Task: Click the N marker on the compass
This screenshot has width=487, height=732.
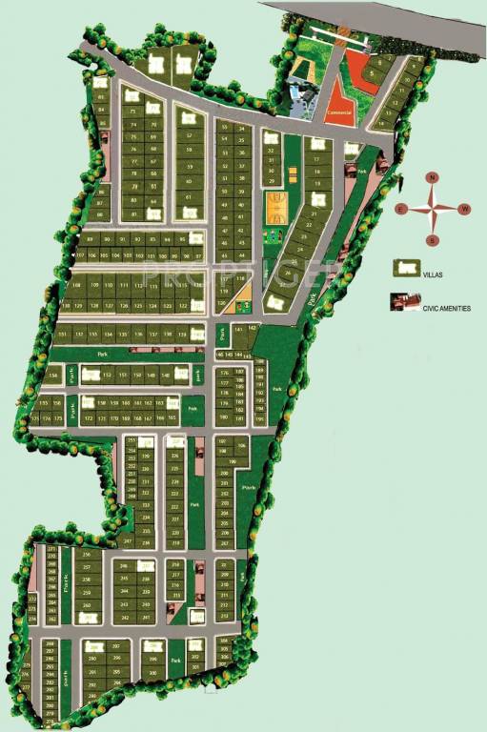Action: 432,178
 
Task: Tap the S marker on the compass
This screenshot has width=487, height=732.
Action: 432,239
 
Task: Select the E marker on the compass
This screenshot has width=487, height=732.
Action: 401,209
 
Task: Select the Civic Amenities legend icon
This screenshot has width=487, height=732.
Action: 404,302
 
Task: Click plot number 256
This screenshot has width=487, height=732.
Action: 87,555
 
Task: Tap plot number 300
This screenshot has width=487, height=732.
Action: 153,672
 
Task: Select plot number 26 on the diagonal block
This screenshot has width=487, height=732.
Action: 287,271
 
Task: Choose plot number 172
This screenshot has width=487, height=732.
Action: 88,418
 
